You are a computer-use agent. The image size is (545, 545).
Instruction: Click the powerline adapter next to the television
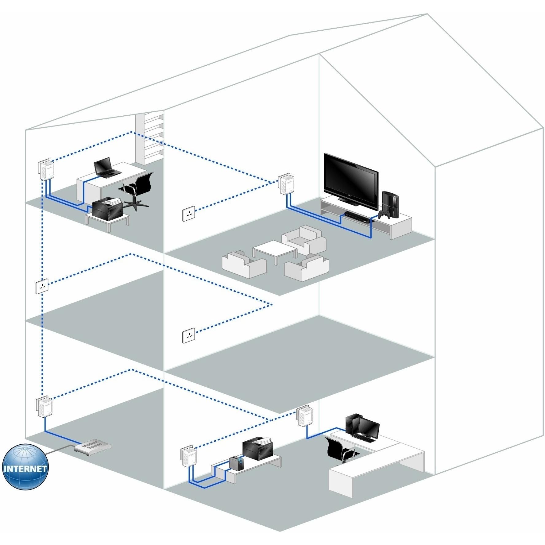tap(285, 185)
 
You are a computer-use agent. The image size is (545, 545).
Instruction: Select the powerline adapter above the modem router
tap(44, 407)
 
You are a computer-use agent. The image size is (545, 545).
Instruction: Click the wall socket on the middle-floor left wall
tap(42, 287)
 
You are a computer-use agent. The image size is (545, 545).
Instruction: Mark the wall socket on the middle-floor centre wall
tap(189, 336)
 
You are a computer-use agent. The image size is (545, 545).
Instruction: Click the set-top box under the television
tap(356, 217)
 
